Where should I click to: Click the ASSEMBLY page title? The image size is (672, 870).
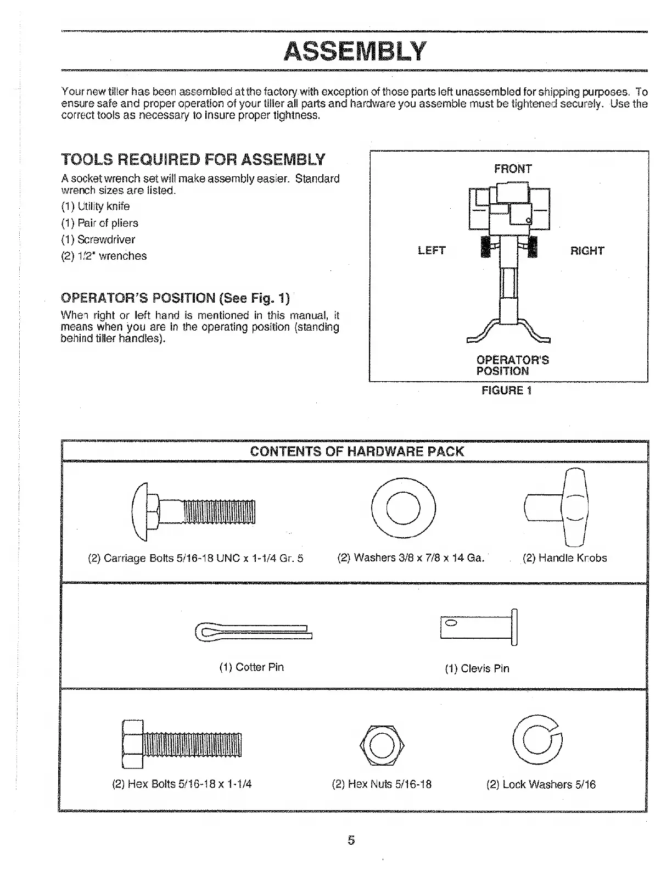point(355,51)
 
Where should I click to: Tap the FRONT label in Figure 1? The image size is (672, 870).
point(513,169)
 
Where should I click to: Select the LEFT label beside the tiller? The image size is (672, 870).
point(432,250)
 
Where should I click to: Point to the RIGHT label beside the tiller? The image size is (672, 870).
point(587,251)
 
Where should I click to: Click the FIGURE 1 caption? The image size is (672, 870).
point(506,391)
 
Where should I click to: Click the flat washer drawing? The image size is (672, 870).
point(404,509)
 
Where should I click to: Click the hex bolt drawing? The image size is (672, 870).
point(182,744)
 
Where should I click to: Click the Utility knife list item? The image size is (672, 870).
point(96,207)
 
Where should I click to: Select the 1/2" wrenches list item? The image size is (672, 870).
point(104,256)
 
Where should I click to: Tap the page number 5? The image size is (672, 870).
point(351,840)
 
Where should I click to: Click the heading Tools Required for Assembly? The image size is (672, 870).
point(193,160)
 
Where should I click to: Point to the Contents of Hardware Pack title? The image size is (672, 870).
point(357,451)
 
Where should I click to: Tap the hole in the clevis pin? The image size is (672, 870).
point(451,623)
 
